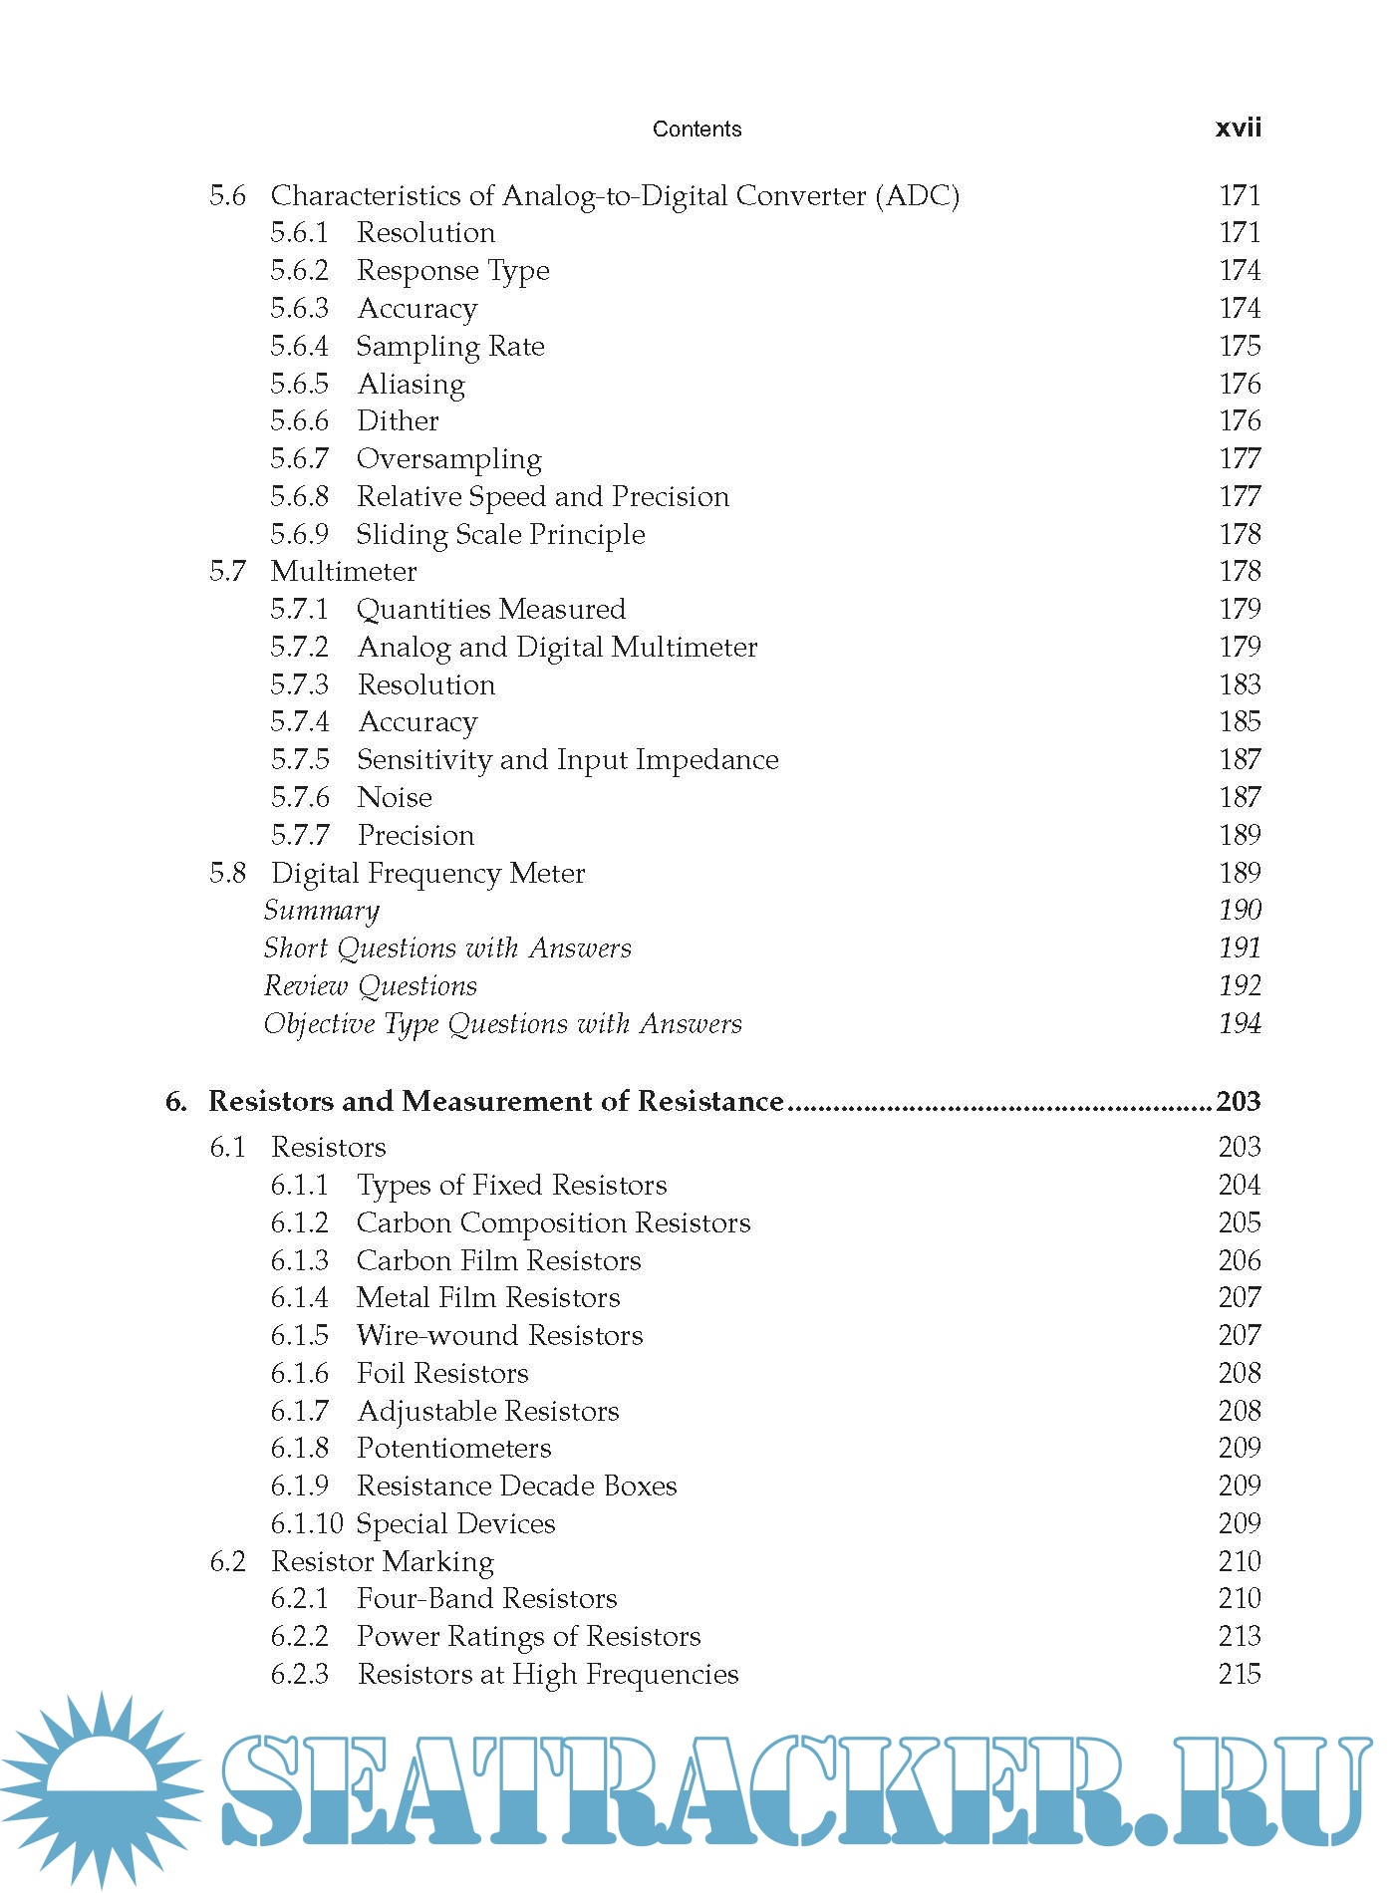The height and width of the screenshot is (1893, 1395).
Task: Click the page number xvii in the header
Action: (x=1238, y=128)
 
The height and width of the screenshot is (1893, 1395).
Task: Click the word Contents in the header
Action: (x=697, y=129)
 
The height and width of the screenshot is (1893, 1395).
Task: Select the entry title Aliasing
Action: (x=411, y=384)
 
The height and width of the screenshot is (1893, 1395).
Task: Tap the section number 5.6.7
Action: (x=299, y=458)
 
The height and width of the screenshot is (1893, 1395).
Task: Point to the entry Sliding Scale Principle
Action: (x=500, y=534)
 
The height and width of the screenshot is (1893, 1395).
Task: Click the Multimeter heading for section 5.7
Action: (x=343, y=571)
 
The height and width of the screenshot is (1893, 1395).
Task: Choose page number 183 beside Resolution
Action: (x=1240, y=684)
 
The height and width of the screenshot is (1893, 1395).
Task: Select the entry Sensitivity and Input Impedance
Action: (x=567, y=759)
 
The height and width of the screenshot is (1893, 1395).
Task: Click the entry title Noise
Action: (x=395, y=797)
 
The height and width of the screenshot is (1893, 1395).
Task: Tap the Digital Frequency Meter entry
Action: (x=427, y=873)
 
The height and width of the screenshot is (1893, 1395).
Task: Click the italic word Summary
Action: (x=321, y=911)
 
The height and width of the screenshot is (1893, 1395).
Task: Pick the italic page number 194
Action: (x=1240, y=1023)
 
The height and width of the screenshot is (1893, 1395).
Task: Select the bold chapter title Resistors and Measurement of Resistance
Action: (x=495, y=1101)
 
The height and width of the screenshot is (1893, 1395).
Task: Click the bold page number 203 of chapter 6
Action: (x=1239, y=1101)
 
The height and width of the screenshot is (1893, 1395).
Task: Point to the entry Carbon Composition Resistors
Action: (x=553, y=1222)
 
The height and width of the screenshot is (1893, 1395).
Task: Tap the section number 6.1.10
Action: (x=307, y=1523)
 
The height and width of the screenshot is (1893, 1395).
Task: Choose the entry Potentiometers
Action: (x=453, y=1448)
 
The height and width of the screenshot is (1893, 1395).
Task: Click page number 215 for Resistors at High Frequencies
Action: (x=1240, y=1674)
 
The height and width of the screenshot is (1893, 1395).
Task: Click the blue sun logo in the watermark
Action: (x=100, y=1788)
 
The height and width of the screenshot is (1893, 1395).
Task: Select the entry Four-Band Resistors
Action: (x=486, y=1598)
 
